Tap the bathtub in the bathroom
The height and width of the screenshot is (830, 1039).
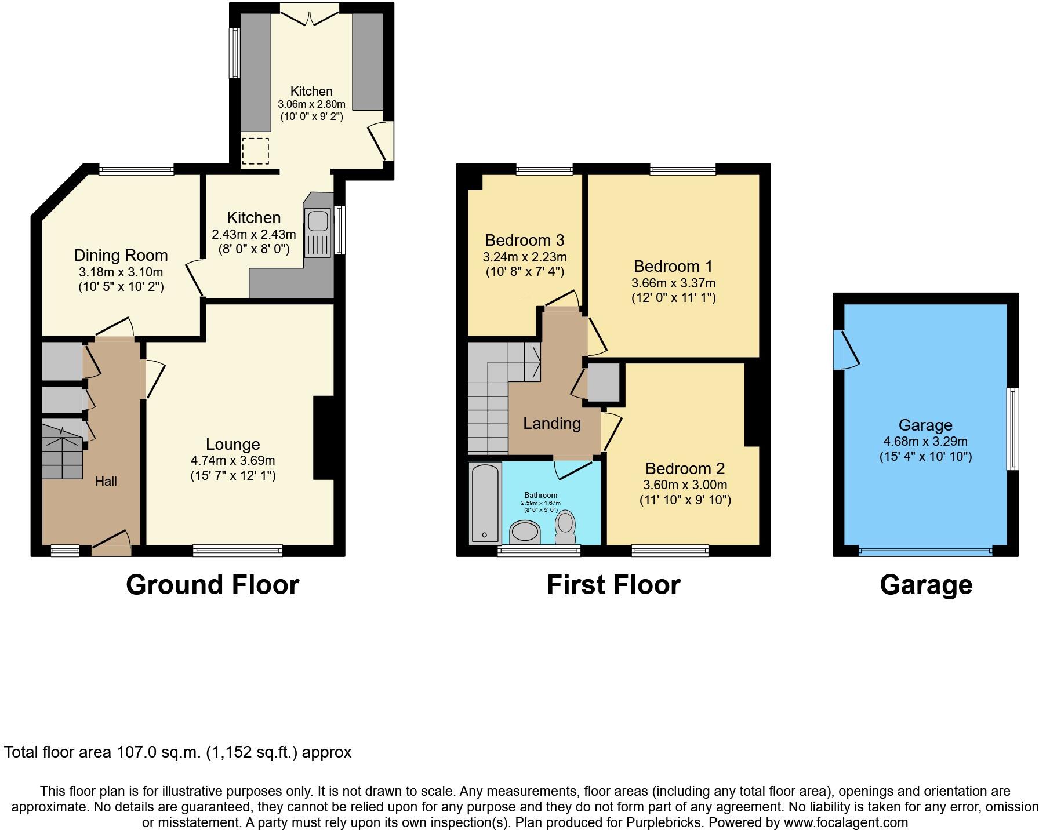click(485, 502)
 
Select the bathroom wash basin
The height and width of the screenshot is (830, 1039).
click(525, 532)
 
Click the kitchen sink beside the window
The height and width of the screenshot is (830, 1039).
click(318, 222)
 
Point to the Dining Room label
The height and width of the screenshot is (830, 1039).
click(121, 256)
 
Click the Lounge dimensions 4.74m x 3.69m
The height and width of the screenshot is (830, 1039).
click(232, 461)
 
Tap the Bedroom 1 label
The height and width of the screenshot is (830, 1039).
click(673, 267)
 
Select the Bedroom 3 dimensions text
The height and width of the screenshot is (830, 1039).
click(525, 257)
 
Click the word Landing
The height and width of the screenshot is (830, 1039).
click(551, 424)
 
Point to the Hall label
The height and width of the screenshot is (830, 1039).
click(106, 481)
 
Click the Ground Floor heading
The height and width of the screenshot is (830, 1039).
click(212, 585)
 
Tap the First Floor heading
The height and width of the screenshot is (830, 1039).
click(613, 585)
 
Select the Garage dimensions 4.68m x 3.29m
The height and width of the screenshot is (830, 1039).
click(925, 442)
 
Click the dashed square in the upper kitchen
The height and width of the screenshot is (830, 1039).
click(256, 151)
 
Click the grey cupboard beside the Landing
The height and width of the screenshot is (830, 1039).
click(603, 383)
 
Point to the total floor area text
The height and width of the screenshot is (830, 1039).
click(177, 752)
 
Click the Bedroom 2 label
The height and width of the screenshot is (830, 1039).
click(685, 469)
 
